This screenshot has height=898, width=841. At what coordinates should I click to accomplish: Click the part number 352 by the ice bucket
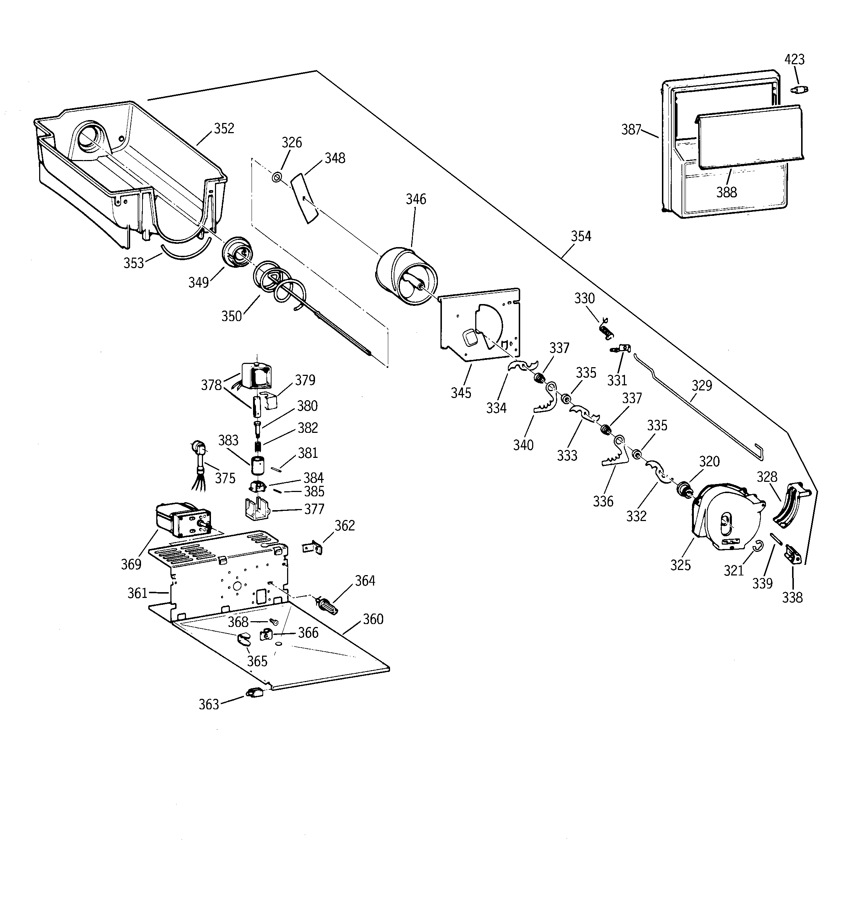pyautogui.click(x=224, y=128)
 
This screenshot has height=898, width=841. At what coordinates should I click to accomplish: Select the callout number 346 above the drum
pyautogui.click(x=416, y=199)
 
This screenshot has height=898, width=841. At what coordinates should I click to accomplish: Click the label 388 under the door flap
pyautogui.click(x=726, y=192)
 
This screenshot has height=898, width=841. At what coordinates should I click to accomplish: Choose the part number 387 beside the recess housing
pyautogui.click(x=631, y=130)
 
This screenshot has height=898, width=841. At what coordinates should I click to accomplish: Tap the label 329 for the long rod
pyautogui.click(x=701, y=385)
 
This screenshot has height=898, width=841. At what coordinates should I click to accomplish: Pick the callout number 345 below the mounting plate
pyautogui.click(x=461, y=393)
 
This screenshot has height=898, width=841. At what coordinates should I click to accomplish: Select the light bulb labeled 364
pyautogui.click(x=328, y=605)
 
